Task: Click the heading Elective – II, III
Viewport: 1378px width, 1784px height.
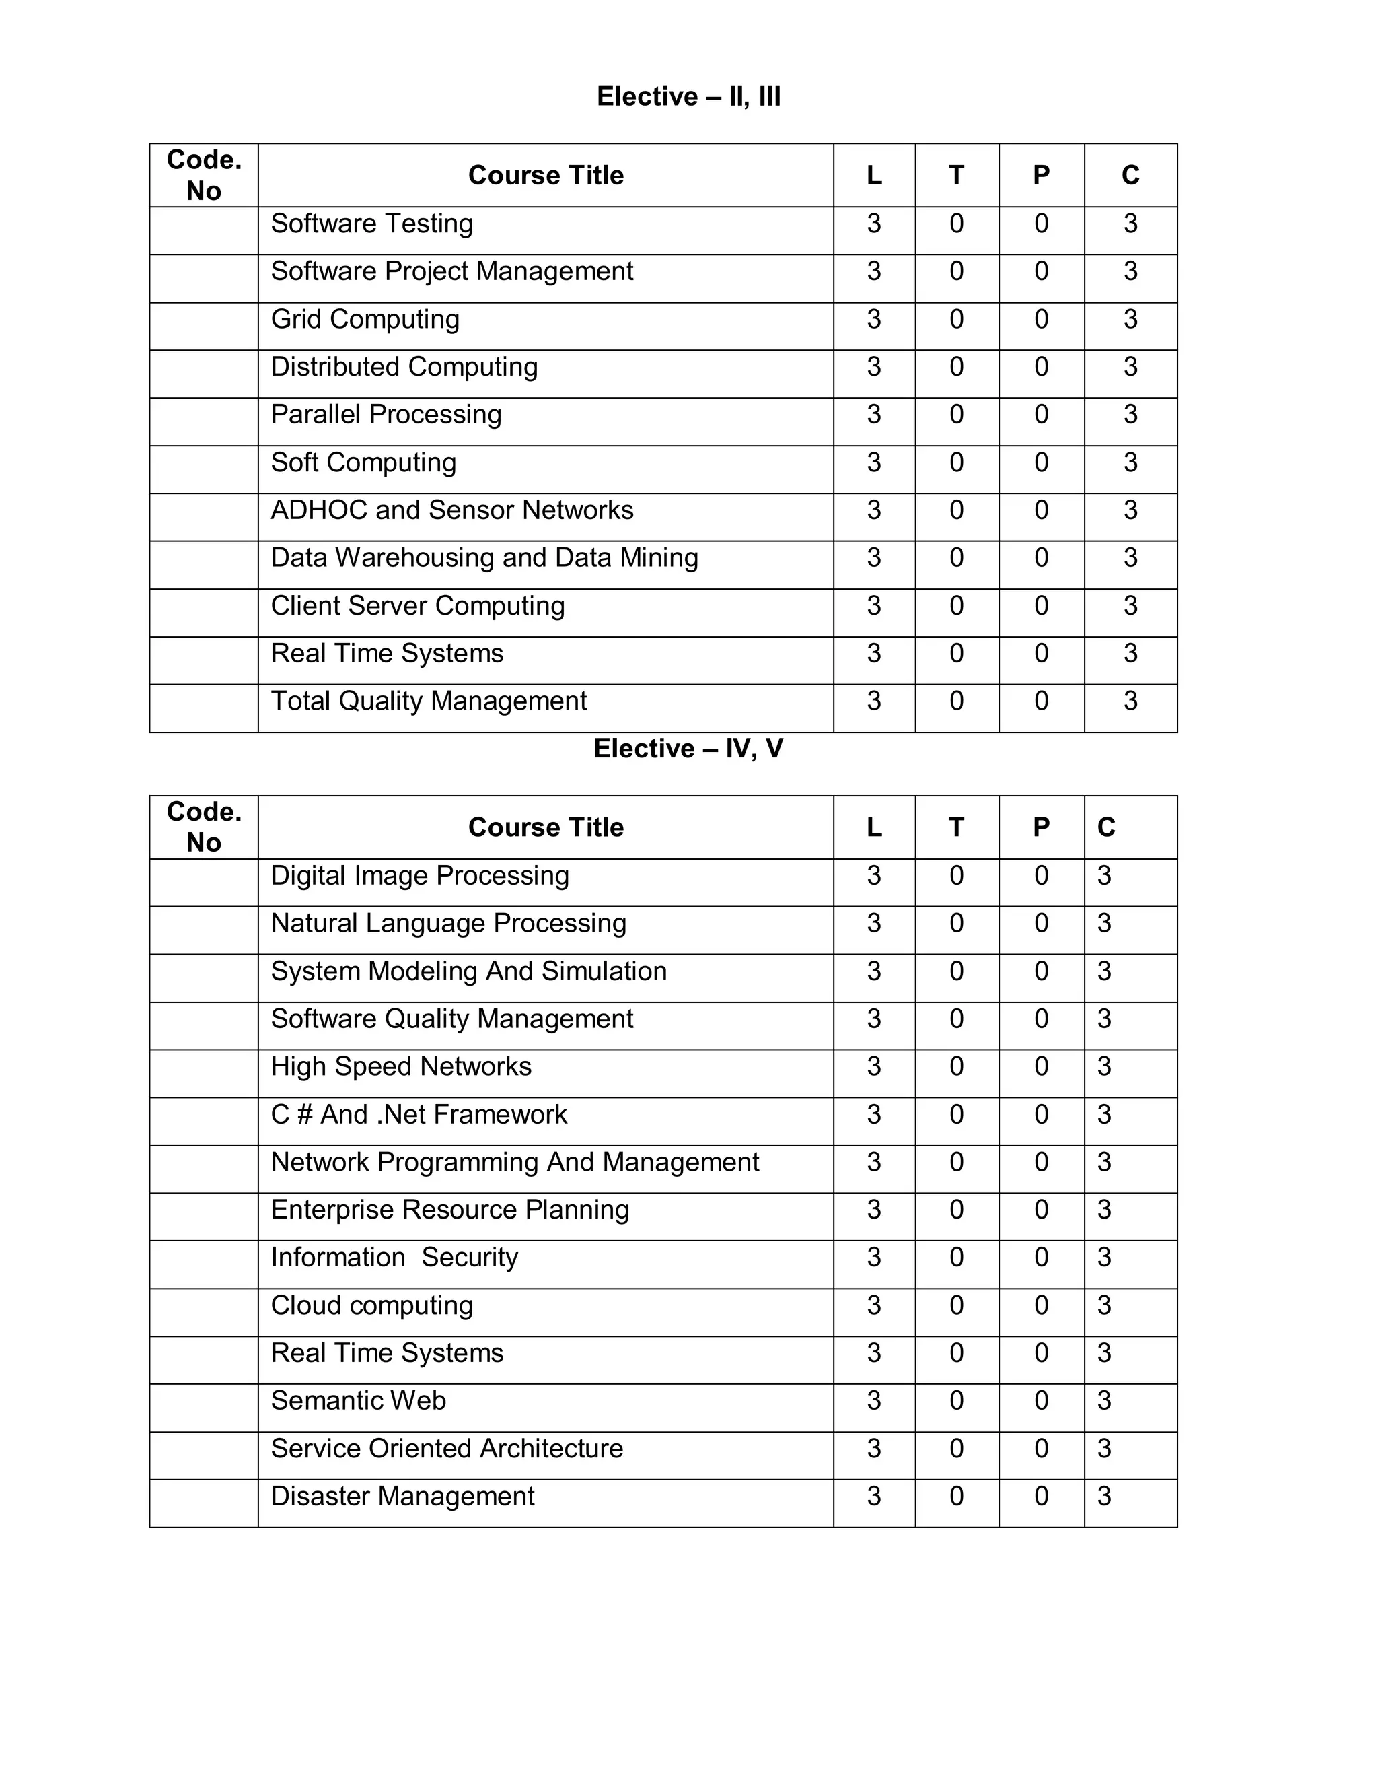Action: point(688,96)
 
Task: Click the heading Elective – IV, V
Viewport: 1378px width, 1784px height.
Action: point(688,748)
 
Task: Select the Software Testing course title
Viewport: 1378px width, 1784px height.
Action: point(371,223)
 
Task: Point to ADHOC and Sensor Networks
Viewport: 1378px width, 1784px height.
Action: point(451,510)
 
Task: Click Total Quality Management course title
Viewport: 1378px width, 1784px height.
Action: point(429,701)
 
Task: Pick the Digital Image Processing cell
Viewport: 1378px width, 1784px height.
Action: point(420,875)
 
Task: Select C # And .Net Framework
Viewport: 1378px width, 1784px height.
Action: point(419,1114)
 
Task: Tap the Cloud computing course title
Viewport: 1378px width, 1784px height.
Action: point(371,1305)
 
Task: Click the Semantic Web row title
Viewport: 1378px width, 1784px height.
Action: point(359,1400)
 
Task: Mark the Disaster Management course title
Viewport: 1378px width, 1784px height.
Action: point(402,1496)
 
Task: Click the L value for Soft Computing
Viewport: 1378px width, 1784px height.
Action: point(873,462)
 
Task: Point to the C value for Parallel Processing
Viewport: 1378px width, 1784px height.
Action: point(1130,414)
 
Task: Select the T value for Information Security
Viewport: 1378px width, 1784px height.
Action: point(956,1257)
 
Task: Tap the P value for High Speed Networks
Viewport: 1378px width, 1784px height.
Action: point(1041,1066)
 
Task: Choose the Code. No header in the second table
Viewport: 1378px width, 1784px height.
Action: point(204,827)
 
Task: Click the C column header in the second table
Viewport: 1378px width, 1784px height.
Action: point(1106,827)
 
